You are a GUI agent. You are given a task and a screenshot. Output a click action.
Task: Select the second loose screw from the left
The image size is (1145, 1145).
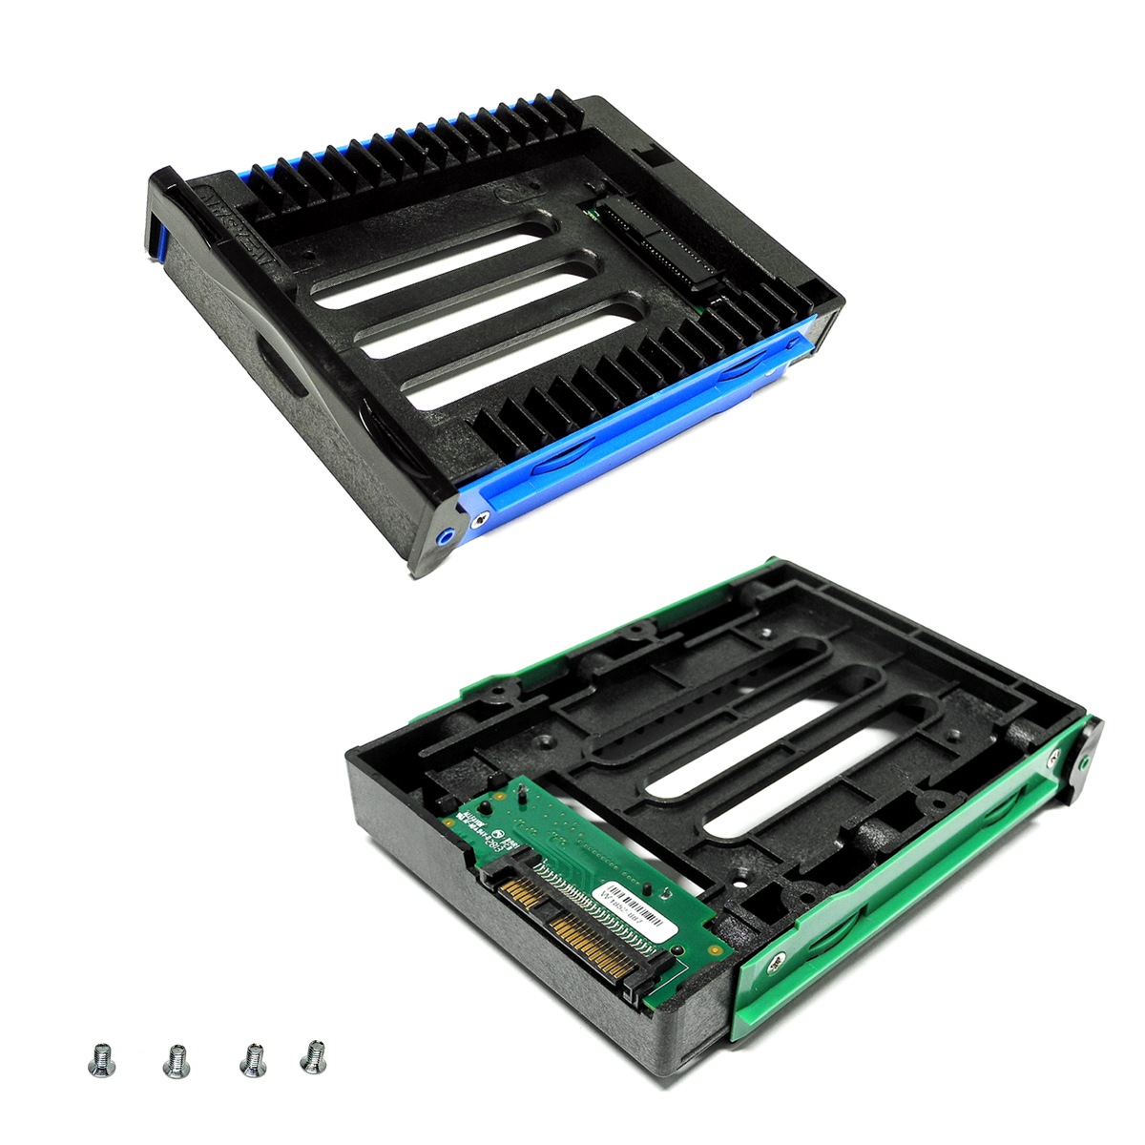click(176, 1060)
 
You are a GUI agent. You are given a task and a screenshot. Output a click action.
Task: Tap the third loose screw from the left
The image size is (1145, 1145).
click(253, 1058)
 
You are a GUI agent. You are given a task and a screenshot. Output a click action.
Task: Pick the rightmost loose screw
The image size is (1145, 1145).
click(312, 1055)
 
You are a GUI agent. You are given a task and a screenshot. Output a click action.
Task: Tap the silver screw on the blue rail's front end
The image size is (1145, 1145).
click(483, 518)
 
